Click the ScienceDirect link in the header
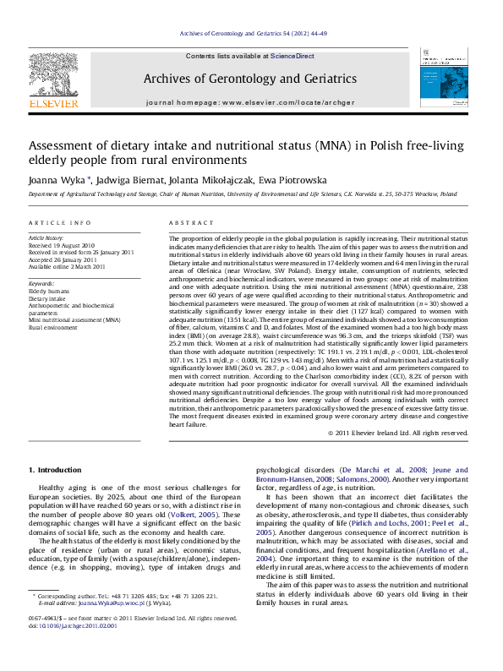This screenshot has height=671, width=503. (x=293, y=56)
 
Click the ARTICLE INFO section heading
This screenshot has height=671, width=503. (x=60, y=223)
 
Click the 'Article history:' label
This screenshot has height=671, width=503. (x=46, y=238)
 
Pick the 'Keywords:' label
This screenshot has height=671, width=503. (x=41, y=283)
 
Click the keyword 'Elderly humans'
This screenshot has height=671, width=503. (x=48, y=291)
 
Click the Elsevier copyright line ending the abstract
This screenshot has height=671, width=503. (x=397, y=433)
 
